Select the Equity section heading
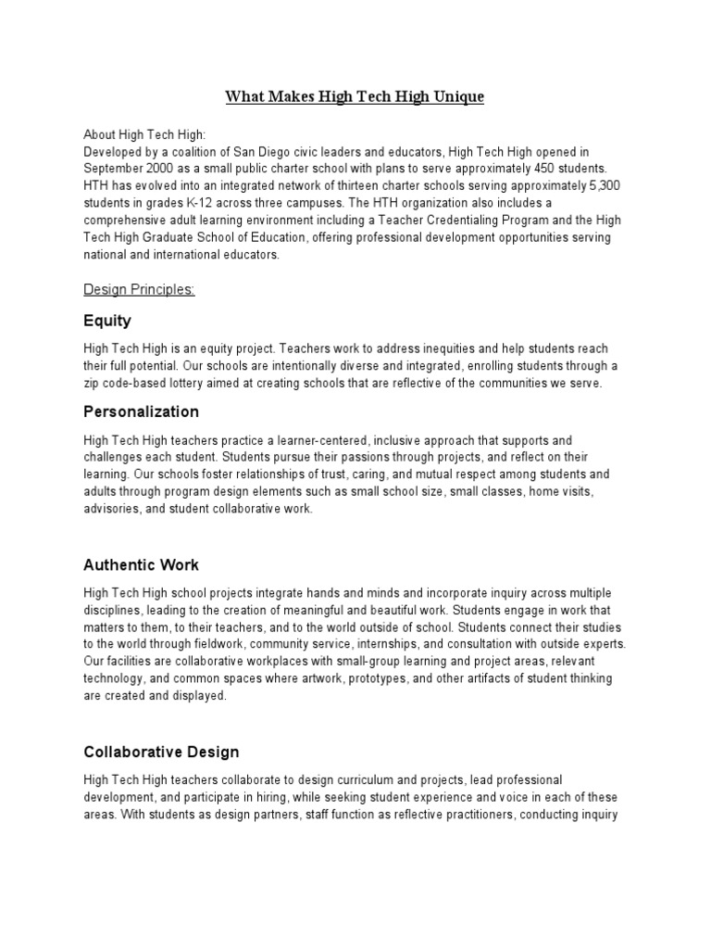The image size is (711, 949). click(107, 321)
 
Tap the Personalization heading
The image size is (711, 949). click(141, 411)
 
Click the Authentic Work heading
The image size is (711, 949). click(141, 564)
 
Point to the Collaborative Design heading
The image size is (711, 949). click(161, 752)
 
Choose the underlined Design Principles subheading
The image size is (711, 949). click(139, 290)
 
